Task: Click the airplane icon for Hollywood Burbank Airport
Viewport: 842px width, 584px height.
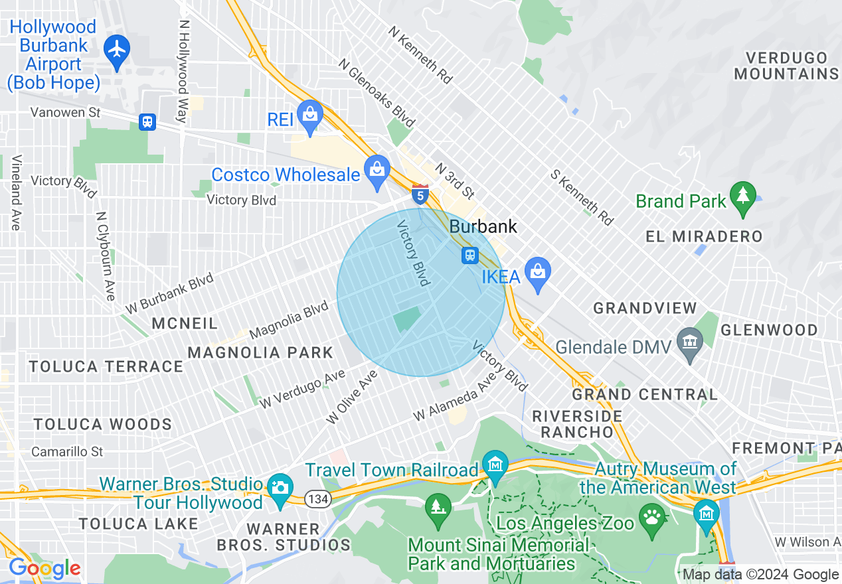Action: click(x=117, y=49)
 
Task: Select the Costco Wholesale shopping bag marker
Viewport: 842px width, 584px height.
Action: click(x=377, y=171)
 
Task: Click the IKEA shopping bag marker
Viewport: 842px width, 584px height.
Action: click(x=538, y=272)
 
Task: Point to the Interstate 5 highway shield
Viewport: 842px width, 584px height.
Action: click(x=420, y=194)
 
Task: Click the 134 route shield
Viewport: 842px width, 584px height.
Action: click(x=318, y=499)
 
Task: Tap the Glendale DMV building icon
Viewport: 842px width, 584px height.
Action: click(x=690, y=342)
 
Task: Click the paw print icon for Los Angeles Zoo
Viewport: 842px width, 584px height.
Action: click(x=651, y=516)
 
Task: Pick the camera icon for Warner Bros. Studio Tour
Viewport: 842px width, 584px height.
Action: click(x=280, y=488)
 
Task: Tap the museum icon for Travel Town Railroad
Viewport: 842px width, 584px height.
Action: click(x=495, y=463)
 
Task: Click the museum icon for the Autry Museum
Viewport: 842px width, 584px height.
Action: click(x=706, y=513)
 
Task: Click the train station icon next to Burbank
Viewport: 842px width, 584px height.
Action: click(x=470, y=256)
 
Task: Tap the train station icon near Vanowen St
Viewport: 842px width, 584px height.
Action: click(x=147, y=122)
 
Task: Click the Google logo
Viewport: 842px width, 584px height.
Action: click(x=44, y=568)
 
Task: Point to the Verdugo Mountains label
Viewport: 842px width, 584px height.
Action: click(x=786, y=66)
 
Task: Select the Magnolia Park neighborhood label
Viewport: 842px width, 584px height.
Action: click(x=260, y=352)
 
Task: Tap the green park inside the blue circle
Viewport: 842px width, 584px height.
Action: click(x=406, y=319)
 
